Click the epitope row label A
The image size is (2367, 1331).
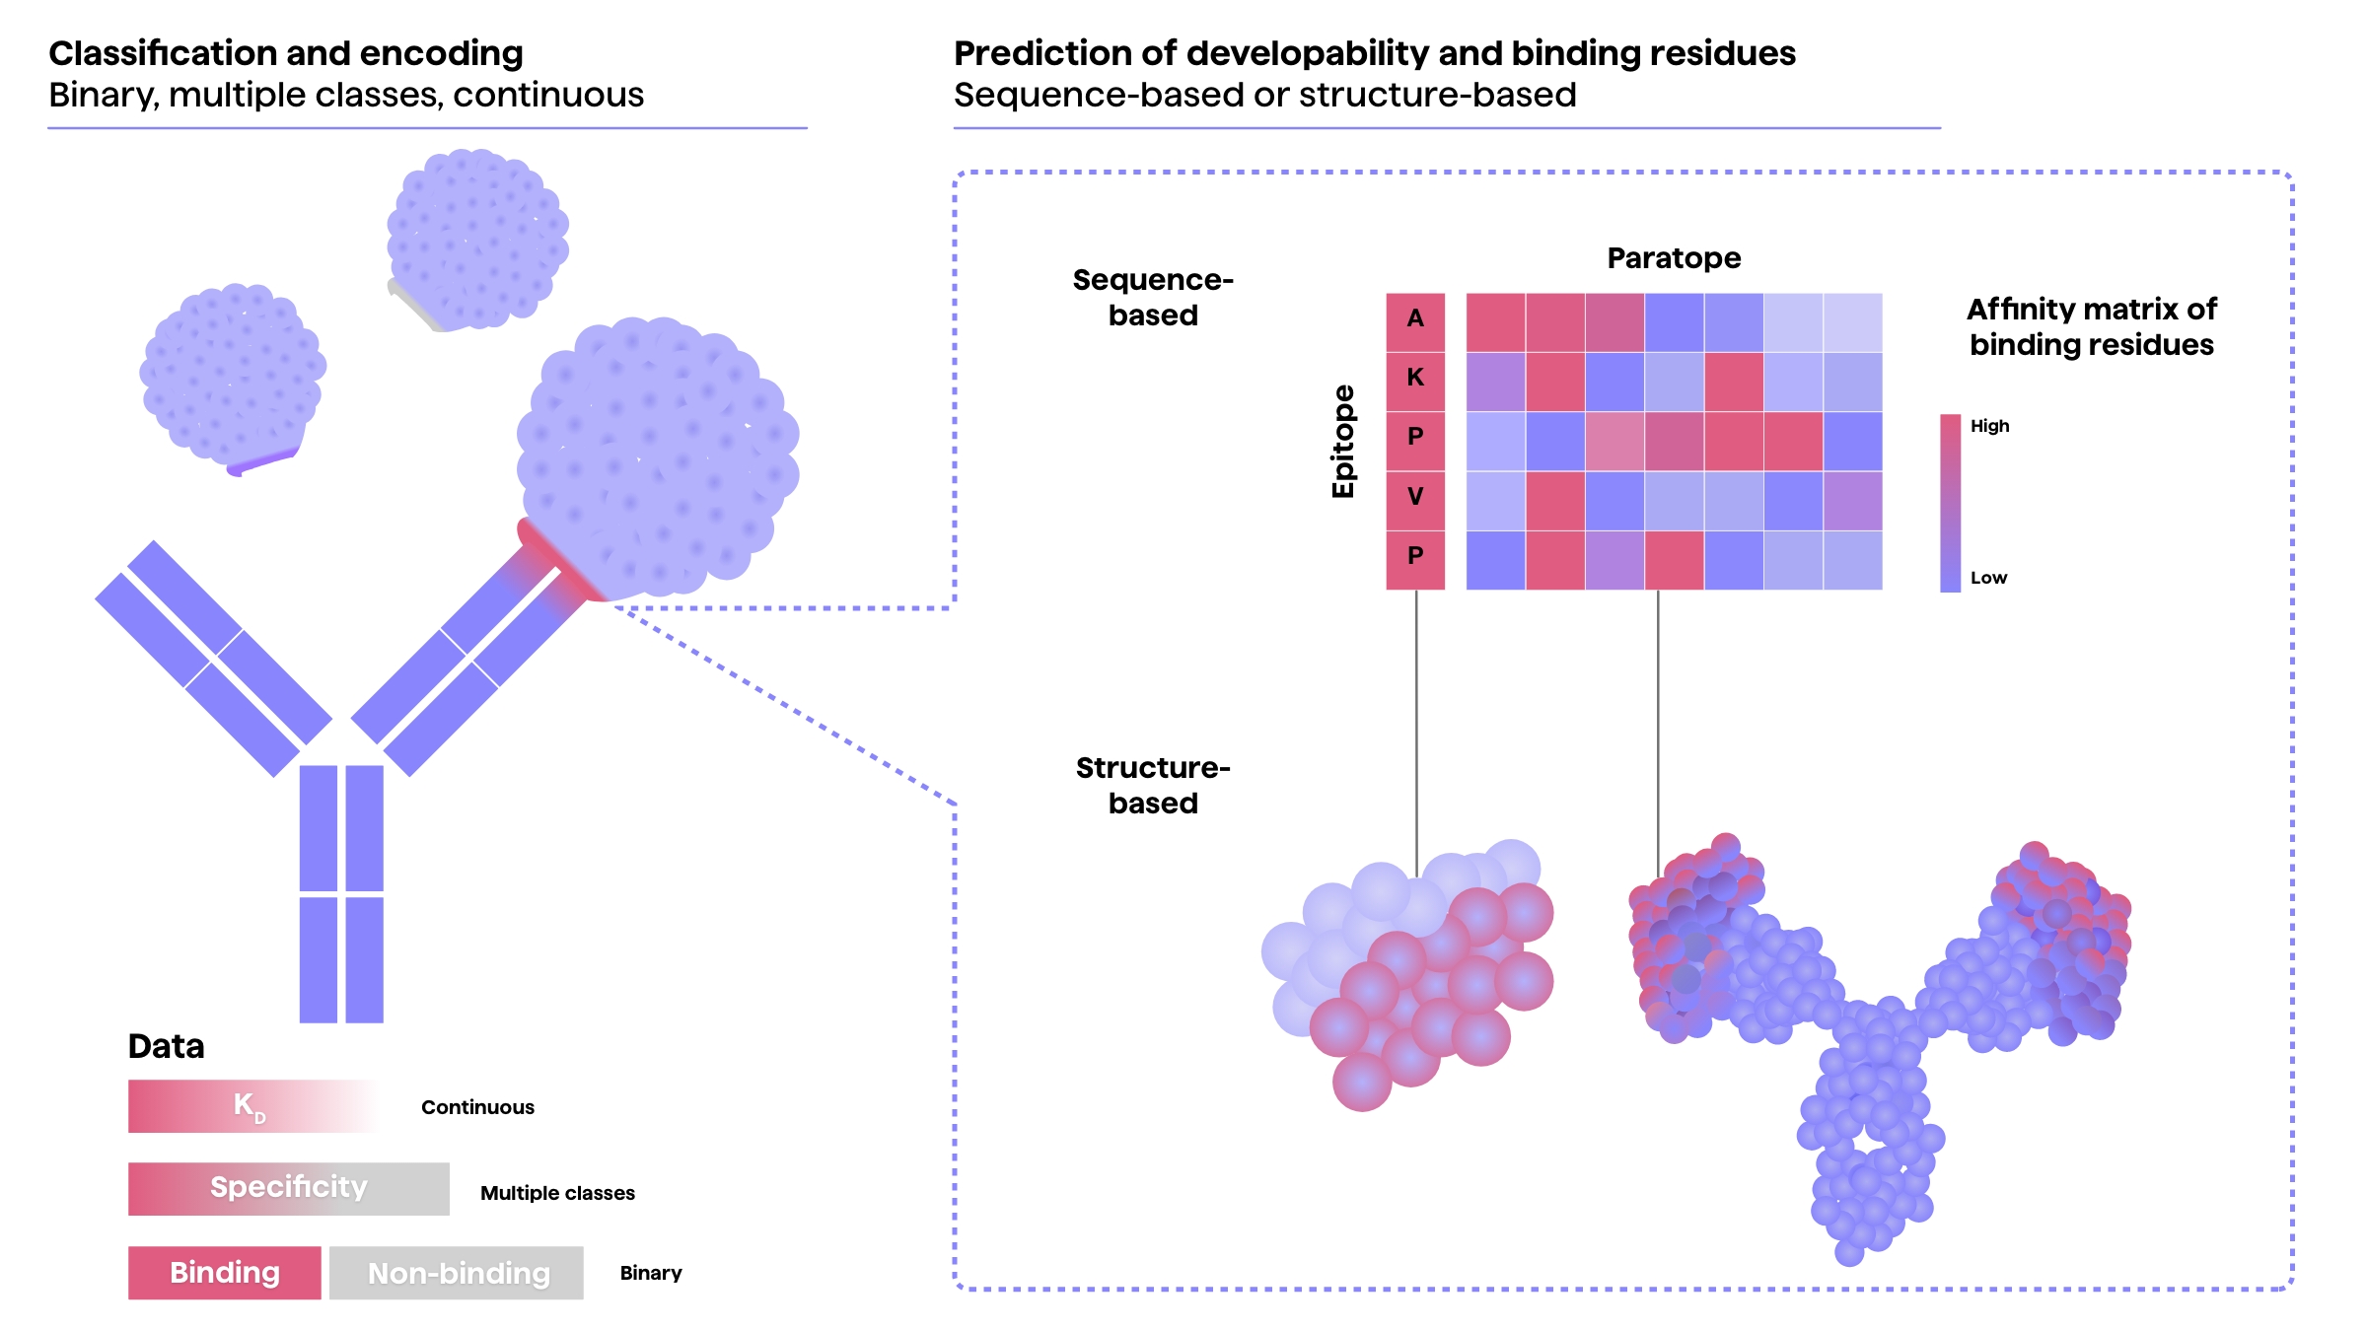1415,318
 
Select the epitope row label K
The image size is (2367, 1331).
1415,378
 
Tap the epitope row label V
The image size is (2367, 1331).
1415,496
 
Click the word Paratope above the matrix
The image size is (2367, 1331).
1674,258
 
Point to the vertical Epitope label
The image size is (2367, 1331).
1343,441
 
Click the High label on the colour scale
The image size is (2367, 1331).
1989,426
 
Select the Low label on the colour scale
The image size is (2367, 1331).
1988,578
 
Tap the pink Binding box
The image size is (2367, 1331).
225,1272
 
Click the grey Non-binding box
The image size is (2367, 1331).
457,1273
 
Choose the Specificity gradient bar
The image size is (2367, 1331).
288,1188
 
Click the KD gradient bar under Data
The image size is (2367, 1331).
251,1106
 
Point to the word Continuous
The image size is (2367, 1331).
477,1107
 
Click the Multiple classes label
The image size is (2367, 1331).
557,1193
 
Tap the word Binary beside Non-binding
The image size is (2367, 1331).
651,1273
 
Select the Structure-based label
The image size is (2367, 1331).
1153,785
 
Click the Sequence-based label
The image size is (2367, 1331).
1153,297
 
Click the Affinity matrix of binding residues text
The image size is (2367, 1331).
2091,326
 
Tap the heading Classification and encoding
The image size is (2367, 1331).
286,53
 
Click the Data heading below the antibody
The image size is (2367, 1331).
166,1046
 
